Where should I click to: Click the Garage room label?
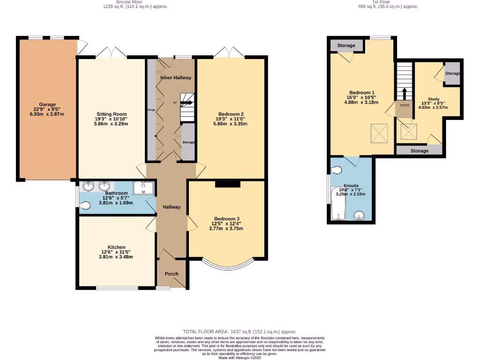point(47,105)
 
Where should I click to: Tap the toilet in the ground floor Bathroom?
point(85,205)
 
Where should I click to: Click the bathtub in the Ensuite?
point(337,204)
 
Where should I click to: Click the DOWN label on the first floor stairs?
point(404,105)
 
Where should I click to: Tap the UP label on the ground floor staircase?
point(175,102)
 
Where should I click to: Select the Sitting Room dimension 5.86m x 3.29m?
point(112,124)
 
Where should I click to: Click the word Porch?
point(171,274)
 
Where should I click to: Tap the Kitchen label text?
point(116,247)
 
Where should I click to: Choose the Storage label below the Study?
point(419,151)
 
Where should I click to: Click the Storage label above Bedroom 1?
point(346,45)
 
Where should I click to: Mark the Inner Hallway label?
point(175,77)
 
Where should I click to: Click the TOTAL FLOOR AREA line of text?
point(240,331)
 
